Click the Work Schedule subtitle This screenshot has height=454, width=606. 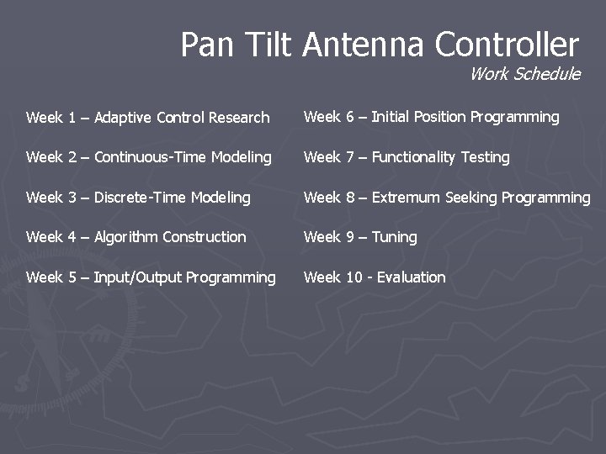524,74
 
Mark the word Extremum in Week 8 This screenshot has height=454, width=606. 407,198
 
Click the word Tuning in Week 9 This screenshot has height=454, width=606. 394,237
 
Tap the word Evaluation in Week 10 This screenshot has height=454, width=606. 412,277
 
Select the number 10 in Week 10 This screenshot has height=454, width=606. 354,277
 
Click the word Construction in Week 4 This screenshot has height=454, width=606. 205,237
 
